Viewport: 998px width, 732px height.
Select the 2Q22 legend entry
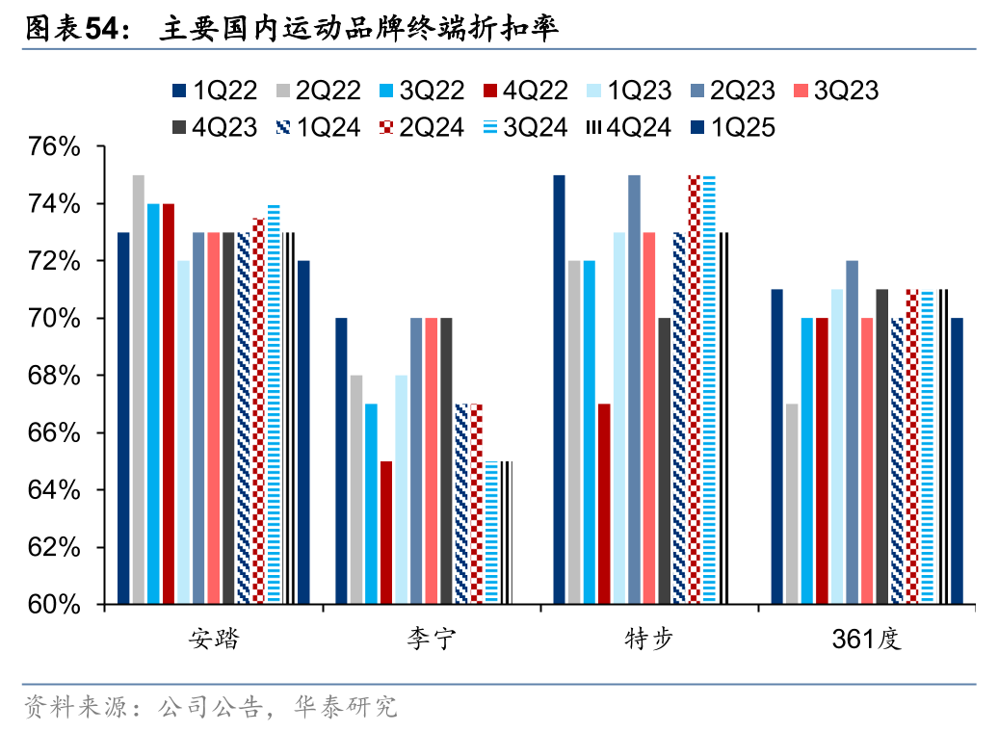[317, 91]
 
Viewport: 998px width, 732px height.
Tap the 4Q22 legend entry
[524, 91]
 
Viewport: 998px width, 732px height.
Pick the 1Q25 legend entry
[731, 127]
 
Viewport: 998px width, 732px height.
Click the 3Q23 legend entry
[835, 91]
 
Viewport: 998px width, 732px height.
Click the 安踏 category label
[213, 640]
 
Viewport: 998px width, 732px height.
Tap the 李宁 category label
[432, 640]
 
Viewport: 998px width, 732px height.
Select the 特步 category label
[649, 640]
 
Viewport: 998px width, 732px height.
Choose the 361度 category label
[867, 640]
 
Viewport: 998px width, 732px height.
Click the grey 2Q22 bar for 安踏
[139, 390]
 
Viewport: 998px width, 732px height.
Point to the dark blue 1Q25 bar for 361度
[957, 461]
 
